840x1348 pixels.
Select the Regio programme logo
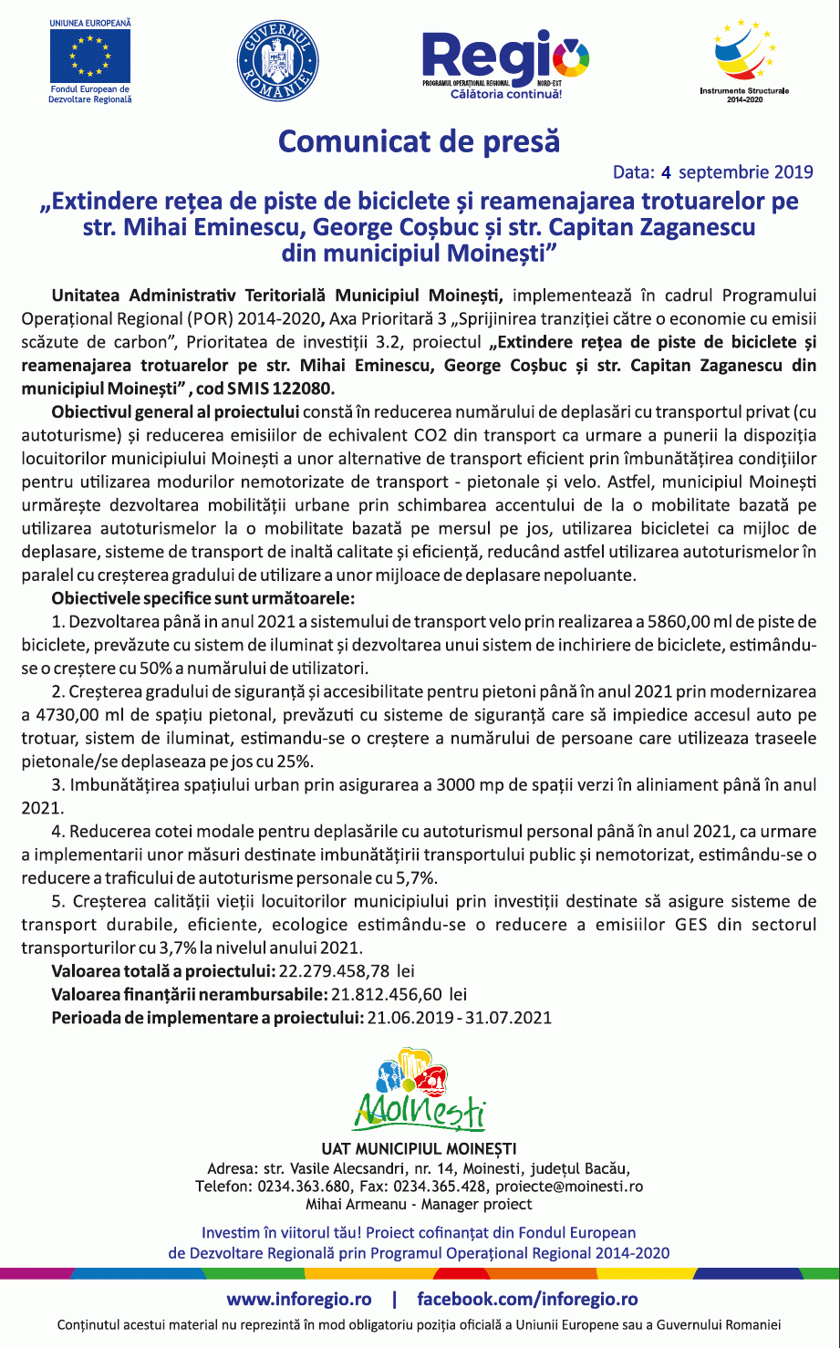(x=503, y=62)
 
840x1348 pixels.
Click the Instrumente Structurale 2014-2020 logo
(x=743, y=57)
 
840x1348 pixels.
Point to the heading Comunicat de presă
(x=419, y=141)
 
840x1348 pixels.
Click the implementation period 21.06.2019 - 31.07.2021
(x=459, y=1017)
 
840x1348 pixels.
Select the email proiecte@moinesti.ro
(x=569, y=1187)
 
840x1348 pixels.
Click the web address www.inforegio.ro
(x=299, y=1299)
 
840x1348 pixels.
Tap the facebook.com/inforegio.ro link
(x=527, y=1299)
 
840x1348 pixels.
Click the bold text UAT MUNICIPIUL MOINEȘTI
(x=419, y=1148)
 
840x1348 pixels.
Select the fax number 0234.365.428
(x=441, y=1187)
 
